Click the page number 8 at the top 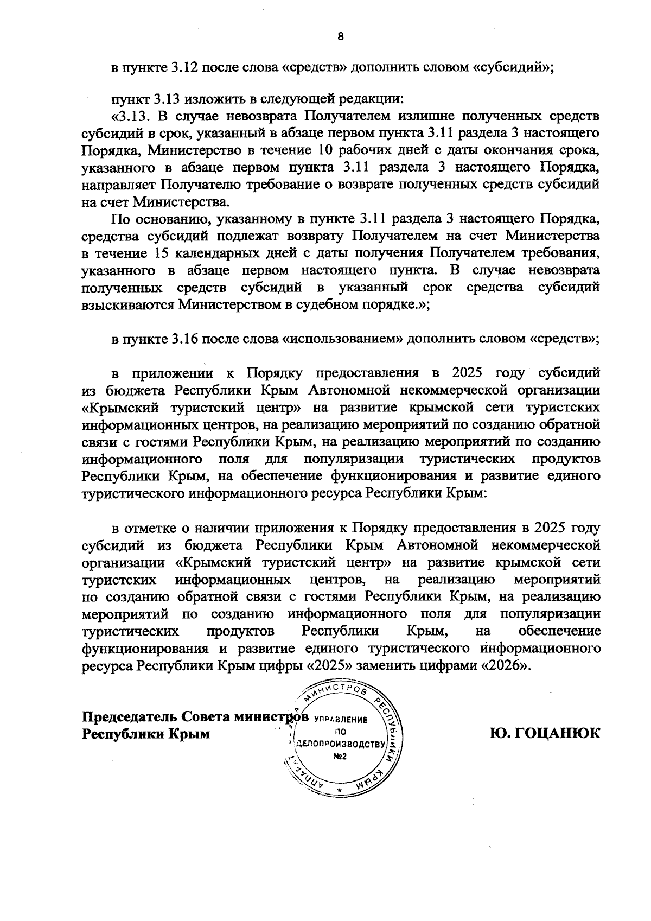click(341, 37)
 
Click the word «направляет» click(119, 185)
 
